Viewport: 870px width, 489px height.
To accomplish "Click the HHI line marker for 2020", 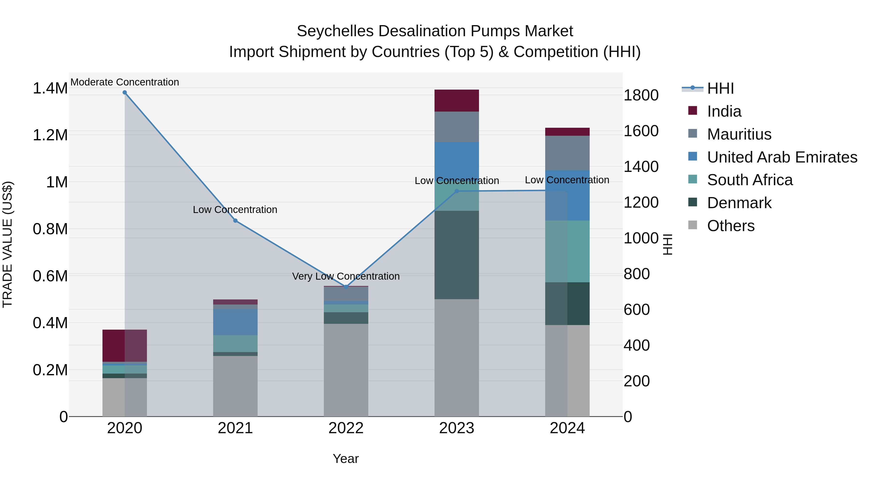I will tap(125, 92).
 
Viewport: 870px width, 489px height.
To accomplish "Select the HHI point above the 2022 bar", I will tap(346, 287).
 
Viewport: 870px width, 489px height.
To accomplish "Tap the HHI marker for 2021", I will tap(235, 221).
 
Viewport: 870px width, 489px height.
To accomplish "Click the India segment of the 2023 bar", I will tap(457, 100).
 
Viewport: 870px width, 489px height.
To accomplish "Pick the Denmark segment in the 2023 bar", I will tap(457, 255).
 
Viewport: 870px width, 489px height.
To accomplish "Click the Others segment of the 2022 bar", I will tap(346, 370).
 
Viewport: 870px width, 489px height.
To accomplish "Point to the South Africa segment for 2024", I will tap(567, 251).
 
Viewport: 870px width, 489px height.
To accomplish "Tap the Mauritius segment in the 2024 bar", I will tap(567, 153).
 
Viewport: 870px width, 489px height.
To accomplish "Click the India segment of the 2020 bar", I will tap(125, 346).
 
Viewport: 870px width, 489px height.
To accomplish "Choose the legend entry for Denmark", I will tap(739, 203).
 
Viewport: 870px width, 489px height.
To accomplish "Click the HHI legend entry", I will tap(720, 88).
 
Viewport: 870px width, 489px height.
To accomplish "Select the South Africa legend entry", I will tap(749, 180).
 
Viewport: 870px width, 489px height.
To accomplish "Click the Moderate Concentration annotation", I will tap(125, 82).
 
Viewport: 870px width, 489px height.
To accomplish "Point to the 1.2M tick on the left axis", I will tap(50, 135).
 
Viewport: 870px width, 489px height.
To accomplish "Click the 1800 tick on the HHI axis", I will tap(641, 95).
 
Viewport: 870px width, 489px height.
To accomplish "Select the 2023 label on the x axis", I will tap(457, 428).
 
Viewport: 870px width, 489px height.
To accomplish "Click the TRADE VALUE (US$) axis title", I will tap(7, 244).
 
